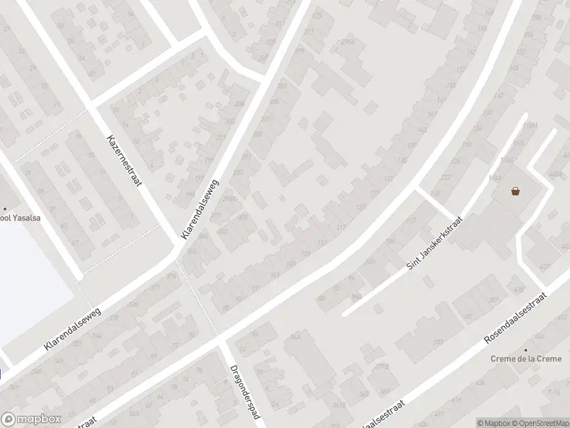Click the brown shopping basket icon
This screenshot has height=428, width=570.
point(515,190)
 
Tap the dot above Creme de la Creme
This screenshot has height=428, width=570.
point(526,350)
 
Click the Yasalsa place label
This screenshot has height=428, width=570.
point(18,219)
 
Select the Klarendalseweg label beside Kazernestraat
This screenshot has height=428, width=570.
point(201,209)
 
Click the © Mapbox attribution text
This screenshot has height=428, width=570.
point(494,423)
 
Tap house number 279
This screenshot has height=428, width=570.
point(299,51)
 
